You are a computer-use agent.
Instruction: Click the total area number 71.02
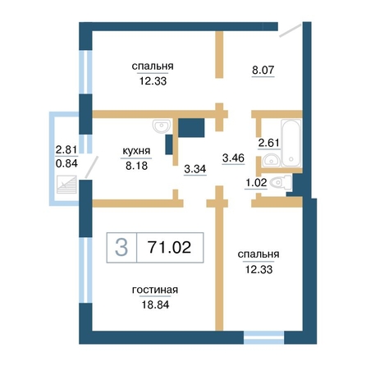169,247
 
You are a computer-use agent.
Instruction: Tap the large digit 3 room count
121,247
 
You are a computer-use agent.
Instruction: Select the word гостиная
155,290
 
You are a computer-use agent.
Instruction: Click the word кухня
136,151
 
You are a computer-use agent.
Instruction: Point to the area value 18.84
155,304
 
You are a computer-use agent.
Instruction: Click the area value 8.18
136,166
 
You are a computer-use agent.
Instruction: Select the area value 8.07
263,70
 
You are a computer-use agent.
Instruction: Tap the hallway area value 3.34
195,169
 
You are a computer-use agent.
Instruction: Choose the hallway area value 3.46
233,158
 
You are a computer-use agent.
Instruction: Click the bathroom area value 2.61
269,143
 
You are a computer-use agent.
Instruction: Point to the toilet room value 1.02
256,182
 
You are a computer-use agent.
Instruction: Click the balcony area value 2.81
66,150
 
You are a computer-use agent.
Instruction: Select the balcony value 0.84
66,163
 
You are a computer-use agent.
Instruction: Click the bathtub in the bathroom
291,143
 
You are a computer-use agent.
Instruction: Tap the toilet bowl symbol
280,182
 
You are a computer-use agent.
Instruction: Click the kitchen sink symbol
162,126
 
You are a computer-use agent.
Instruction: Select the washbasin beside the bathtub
271,161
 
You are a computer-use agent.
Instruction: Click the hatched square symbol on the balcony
66,185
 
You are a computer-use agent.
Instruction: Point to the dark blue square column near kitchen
191,128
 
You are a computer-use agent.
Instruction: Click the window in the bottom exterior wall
263,337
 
